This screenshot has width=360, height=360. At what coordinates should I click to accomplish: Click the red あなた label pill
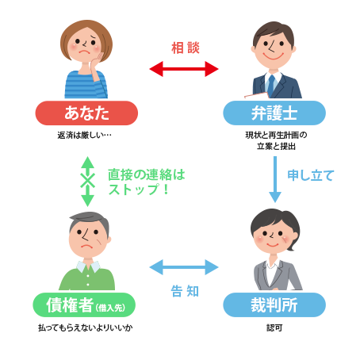tap(86, 113)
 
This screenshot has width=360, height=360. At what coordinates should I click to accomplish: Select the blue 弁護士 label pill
tap(274, 113)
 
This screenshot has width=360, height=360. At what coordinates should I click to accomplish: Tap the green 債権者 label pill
tap(84, 305)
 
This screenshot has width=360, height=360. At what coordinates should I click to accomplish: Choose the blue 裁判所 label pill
tap(274, 305)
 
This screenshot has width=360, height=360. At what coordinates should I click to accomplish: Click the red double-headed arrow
tap(184, 69)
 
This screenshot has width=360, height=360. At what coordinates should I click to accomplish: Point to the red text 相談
tap(186, 48)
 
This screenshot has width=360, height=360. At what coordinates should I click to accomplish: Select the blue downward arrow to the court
tap(275, 179)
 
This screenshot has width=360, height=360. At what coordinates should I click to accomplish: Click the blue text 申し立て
tap(311, 175)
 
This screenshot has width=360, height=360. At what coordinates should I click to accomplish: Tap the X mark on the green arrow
tap(87, 181)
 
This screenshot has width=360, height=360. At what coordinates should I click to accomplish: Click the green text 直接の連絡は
tap(147, 174)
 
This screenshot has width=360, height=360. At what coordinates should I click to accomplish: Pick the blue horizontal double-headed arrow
tap(184, 267)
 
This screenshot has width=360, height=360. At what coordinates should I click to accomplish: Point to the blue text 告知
tap(185, 291)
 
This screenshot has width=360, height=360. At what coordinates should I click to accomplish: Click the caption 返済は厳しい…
tap(85, 135)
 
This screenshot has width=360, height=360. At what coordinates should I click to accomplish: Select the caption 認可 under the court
tap(274, 328)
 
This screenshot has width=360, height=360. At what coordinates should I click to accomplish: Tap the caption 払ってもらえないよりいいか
tap(86, 328)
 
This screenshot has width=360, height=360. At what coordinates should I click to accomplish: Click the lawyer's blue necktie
tap(271, 85)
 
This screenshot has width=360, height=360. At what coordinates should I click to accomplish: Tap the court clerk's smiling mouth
tap(273, 245)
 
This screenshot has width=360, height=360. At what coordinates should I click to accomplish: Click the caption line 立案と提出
tap(276, 146)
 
